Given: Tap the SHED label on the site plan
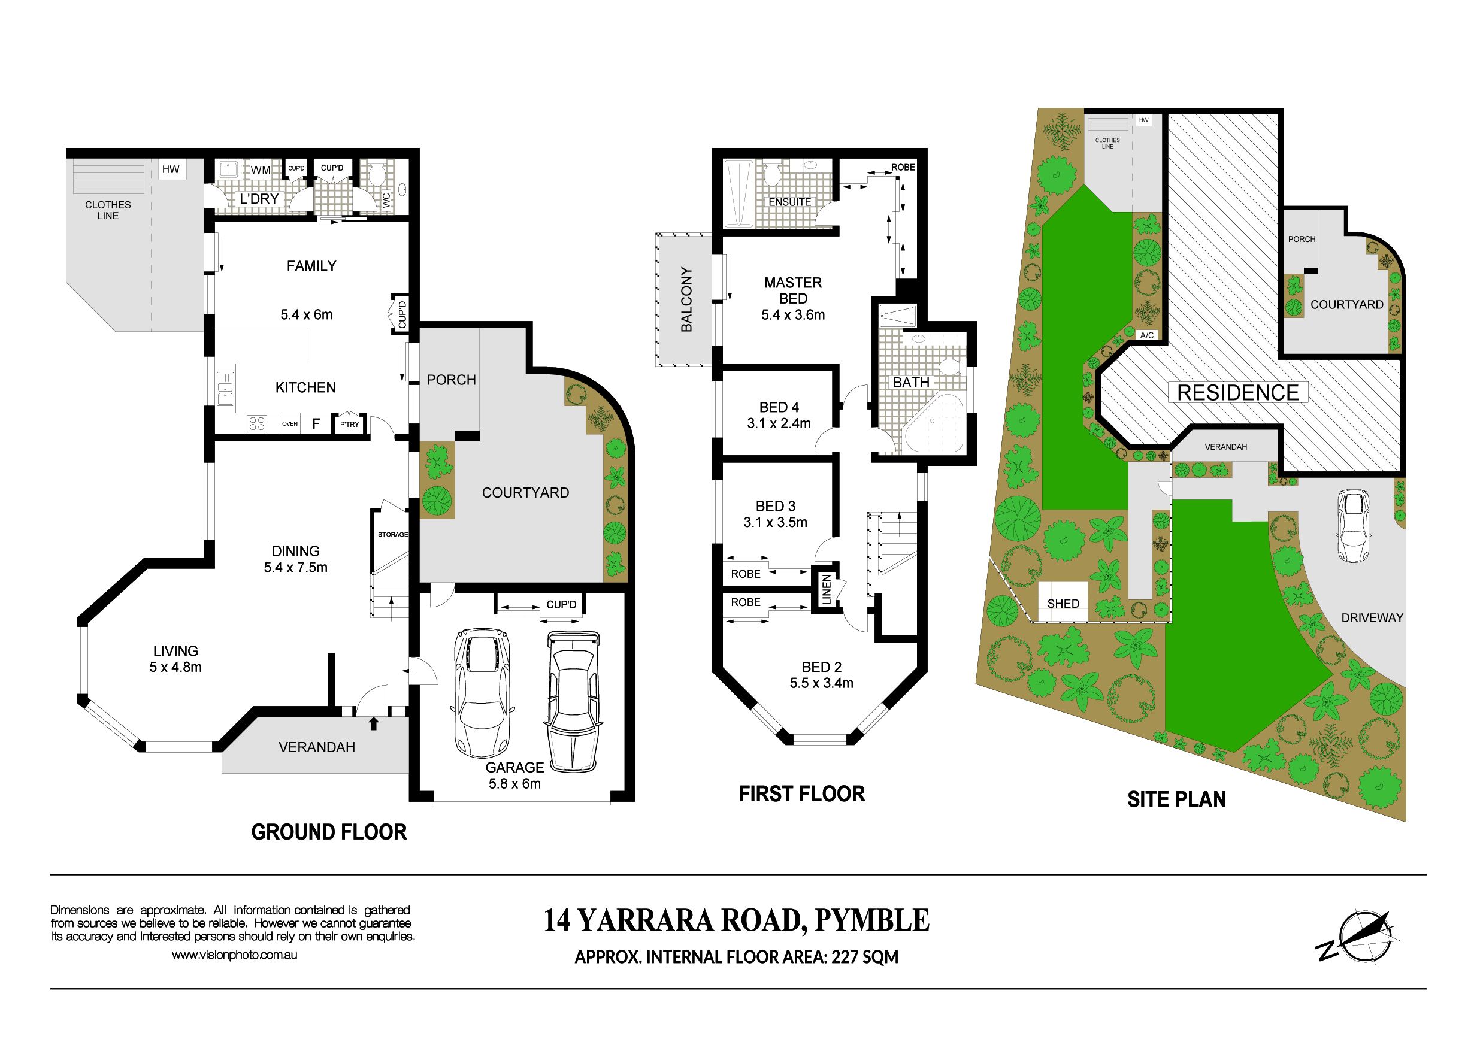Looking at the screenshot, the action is [x=1063, y=604].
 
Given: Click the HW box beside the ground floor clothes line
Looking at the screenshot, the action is [x=171, y=169].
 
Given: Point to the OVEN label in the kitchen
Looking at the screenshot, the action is [x=289, y=423].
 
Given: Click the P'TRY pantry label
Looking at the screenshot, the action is [x=350, y=424].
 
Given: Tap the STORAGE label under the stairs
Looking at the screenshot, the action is [x=392, y=535].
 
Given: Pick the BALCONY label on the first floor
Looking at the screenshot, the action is [x=687, y=299].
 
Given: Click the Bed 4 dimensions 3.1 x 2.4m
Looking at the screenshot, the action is [x=779, y=423].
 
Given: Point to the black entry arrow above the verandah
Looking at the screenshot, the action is [x=374, y=723].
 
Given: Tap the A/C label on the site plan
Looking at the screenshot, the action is [x=1146, y=335].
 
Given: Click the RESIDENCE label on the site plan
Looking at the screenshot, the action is [x=1237, y=392].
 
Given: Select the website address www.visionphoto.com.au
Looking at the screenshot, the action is [x=234, y=955].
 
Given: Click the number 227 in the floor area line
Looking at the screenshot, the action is [x=845, y=956].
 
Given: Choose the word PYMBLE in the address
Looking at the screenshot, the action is [x=871, y=920].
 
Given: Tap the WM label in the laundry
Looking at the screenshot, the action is [x=261, y=170].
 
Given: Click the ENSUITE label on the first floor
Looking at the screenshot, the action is [x=789, y=202].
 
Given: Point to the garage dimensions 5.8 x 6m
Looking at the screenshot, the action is [x=514, y=784].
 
